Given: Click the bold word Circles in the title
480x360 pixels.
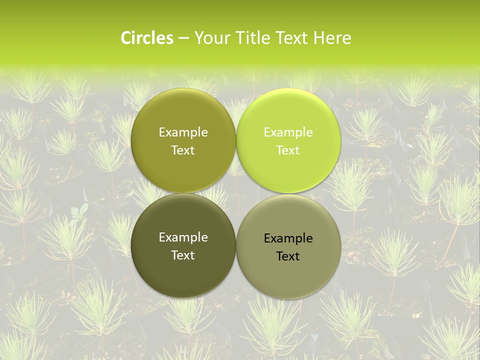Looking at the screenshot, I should [x=147, y=38].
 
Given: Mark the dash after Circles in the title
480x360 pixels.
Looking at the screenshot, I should [x=183, y=38].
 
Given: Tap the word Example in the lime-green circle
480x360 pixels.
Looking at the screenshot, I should [x=288, y=132].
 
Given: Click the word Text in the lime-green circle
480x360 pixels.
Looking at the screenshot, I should [x=288, y=150].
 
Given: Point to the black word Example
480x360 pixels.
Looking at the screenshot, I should [x=288, y=238].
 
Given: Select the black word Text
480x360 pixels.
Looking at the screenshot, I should [x=288, y=256].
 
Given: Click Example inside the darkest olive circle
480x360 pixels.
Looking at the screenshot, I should [x=183, y=237].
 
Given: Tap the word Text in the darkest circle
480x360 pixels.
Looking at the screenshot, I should [x=183, y=255].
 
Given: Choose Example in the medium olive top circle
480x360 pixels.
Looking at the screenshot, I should [x=183, y=132].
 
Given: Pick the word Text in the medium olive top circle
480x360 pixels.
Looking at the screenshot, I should [x=183, y=150].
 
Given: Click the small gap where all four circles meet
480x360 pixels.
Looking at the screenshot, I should [x=236, y=193].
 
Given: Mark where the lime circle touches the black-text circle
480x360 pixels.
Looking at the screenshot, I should [x=288, y=193].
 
